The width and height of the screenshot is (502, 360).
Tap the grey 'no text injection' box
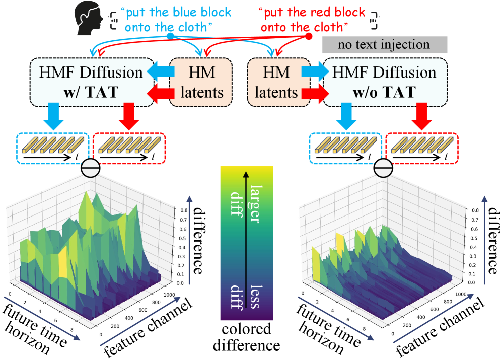pos(384,45)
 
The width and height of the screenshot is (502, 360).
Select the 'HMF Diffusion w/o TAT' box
pos(380,82)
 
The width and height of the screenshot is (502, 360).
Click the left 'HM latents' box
pos(201,82)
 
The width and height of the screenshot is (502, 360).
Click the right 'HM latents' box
pos(276,82)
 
